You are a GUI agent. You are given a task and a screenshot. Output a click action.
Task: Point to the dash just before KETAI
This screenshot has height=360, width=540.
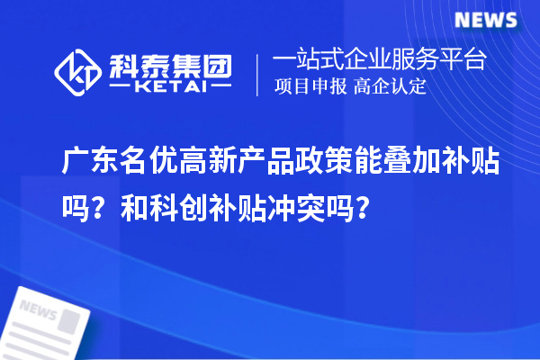pos(123,88)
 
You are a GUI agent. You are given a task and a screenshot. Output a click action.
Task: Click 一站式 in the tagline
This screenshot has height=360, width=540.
pos(304,61)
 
